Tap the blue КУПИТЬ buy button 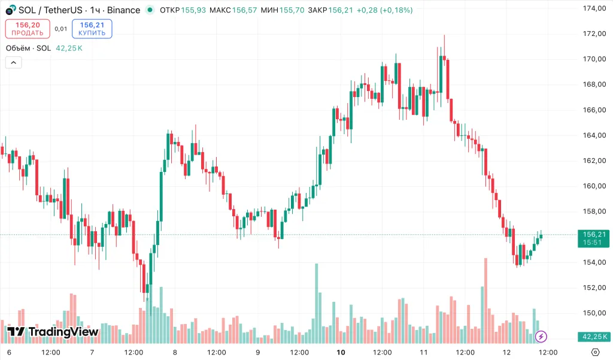(x=92, y=29)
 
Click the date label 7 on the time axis (x=92, y=352)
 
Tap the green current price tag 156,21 (x=593, y=238)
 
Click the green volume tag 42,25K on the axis (x=593, y=337)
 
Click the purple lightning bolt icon (x=541, y=337)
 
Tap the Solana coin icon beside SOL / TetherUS (x=10, y=10)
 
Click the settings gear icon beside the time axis (x=596, y=352)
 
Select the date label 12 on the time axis (x=506, y=352)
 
